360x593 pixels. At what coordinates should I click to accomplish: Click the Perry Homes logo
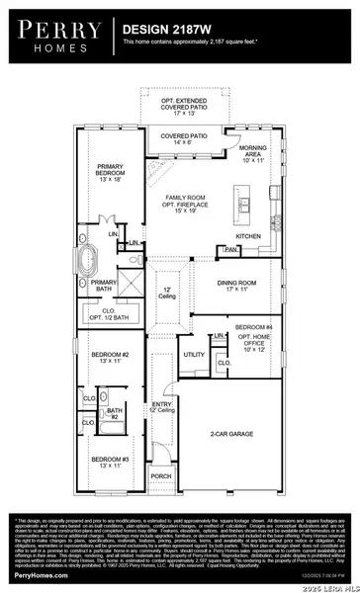click(x=55, y=36)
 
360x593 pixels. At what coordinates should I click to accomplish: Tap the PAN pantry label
click(x=232, y=251)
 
